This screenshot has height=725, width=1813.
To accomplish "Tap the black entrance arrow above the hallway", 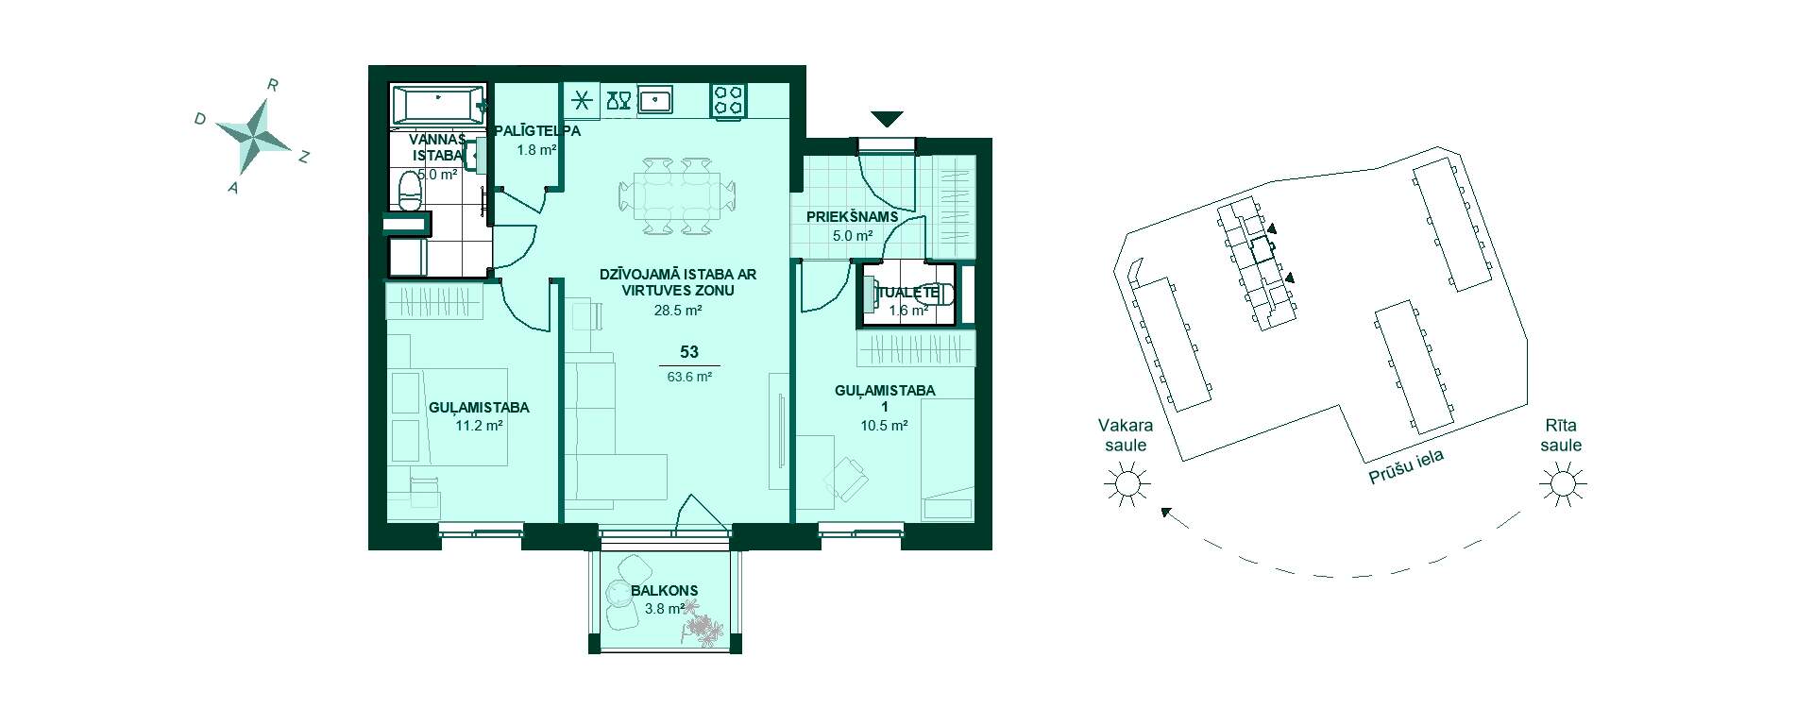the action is (x=887, y=119).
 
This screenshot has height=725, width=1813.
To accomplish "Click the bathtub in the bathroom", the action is (x=438, y=105).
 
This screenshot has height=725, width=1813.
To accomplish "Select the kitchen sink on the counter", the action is (x=655, y=99).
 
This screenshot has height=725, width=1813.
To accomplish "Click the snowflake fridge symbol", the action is (x=582, y=99).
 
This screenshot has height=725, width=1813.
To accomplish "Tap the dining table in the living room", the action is (x=676, y=196).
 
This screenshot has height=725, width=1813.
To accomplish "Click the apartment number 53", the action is (x=689, y=352).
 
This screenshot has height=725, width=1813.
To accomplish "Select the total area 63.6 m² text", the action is (x=689, y=376).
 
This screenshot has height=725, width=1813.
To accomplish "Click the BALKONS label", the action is (x=665, y=591).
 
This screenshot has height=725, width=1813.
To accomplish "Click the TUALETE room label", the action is (x=909, y=293).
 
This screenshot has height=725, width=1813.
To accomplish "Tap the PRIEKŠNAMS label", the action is (x=852, y=217).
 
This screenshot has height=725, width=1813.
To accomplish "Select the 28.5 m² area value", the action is (x=678, y=310).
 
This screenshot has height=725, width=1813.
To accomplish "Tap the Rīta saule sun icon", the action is (x=1562, y=485).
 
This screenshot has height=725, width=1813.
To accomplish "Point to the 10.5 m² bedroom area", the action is (x=884, y=426).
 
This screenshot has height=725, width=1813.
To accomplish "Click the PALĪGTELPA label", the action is (x=536, y=131).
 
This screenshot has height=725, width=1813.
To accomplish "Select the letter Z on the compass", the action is (x=304, y=158).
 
